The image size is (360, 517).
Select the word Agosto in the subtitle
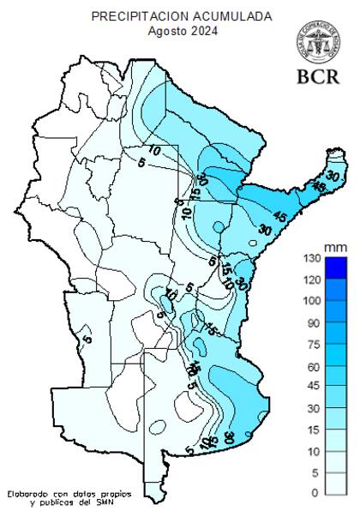166,31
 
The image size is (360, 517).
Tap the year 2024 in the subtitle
204,31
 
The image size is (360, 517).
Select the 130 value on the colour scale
310,258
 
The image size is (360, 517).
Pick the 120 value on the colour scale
310,280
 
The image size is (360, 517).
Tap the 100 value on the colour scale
310,301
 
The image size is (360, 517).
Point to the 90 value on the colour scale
313,323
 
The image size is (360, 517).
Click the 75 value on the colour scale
313,345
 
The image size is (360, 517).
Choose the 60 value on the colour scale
313,367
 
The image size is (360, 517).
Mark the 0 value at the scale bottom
315,493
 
